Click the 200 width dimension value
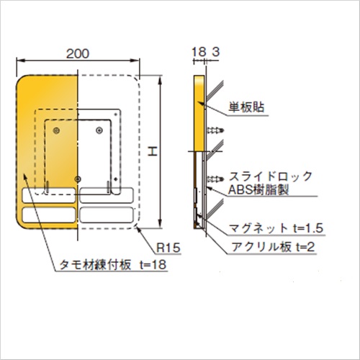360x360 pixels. pyautogui.click(x=78, y=53)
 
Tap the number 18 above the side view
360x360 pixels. pyautogui.click(x=199, y=52)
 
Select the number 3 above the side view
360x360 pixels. pyautogui.click(x=216, y=52)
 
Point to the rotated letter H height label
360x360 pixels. pyautogui.click(x=153, y=152)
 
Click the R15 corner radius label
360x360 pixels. pyautogui.click(x=168, y=248)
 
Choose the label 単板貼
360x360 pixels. pyautogui.click(x=246, y=107)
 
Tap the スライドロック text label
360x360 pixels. pyautogui.click(x=271, y=176)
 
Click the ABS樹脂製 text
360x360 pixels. pyautogui.click(x=258, y=190)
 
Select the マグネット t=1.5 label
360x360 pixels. pyautogui.click(x=276, y=228)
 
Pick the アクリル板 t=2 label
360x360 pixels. pyautogui.click(x=273, y=247)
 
